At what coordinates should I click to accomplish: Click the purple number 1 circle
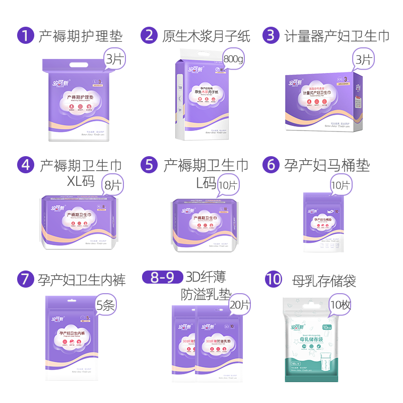25,35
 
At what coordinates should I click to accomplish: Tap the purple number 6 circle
271,165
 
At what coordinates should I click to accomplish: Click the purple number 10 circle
274,280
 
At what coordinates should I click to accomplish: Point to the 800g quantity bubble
233,59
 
